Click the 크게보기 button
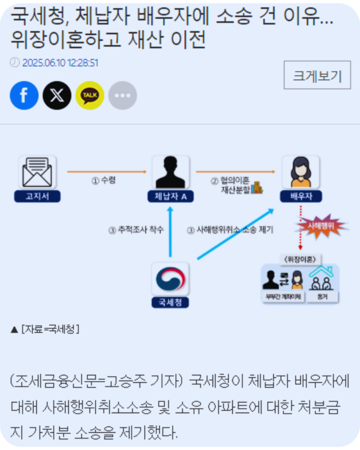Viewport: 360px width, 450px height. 317,75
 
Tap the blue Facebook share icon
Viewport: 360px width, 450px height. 24,95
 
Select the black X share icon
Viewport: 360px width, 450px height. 57,95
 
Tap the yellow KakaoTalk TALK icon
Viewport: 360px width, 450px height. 90,95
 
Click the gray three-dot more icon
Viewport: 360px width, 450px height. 122,95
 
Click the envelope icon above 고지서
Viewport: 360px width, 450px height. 37,172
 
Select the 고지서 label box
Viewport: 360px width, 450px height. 37,197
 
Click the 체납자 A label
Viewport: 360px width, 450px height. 170,197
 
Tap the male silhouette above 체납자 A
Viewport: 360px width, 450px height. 170,172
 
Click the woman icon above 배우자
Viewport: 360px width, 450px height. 301,172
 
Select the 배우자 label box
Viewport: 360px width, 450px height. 301,197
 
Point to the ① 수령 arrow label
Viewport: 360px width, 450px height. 103,180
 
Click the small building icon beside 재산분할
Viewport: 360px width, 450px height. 257,189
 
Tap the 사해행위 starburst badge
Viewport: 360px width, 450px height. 321,226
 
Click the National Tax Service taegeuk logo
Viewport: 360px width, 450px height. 170,279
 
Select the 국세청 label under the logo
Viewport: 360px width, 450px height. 170,302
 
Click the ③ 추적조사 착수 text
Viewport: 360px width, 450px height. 136,230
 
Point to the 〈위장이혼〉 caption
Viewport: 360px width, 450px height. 300,258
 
